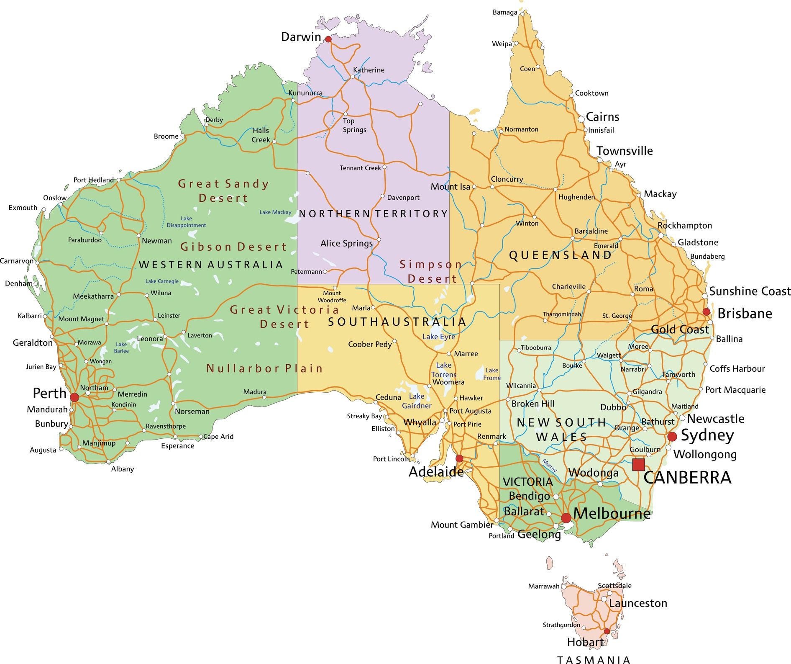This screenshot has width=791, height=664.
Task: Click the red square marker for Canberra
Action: [x=638, y=465]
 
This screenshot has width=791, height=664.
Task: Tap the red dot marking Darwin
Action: [x=328, y=39]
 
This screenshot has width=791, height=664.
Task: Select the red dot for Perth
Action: [x=74, y=397]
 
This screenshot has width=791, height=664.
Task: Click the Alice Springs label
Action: [x=346, y=243]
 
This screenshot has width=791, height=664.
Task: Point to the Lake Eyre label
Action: [x=438, y=337]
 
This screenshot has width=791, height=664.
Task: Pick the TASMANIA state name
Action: [x=594, y=660]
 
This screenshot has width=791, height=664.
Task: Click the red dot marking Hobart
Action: [x=607, y=631]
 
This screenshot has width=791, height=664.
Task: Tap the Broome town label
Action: [x=166, y=136]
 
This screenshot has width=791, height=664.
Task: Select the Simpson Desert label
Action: [x=431, y=271]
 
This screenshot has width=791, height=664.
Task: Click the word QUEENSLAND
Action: [x=560, y=255]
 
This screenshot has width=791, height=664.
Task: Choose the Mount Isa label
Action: [x=451, y=187]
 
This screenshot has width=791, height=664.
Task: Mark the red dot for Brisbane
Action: [x=706, y=311]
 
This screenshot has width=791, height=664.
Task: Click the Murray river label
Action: [x=549, y=466]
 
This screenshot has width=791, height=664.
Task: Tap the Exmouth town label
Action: [x=23, y=208]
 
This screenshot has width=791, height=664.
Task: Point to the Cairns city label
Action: [x=602, y=117]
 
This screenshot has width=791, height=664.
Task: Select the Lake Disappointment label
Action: [x=186, y=222]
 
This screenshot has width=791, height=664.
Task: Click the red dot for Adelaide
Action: [x=459, y=458]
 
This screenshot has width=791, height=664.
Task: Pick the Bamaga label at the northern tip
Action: [x=505, y=13]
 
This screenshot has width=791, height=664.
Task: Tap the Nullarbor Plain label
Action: [x=264, y=368]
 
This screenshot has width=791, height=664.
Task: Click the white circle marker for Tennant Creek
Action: [x=384, y=167]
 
